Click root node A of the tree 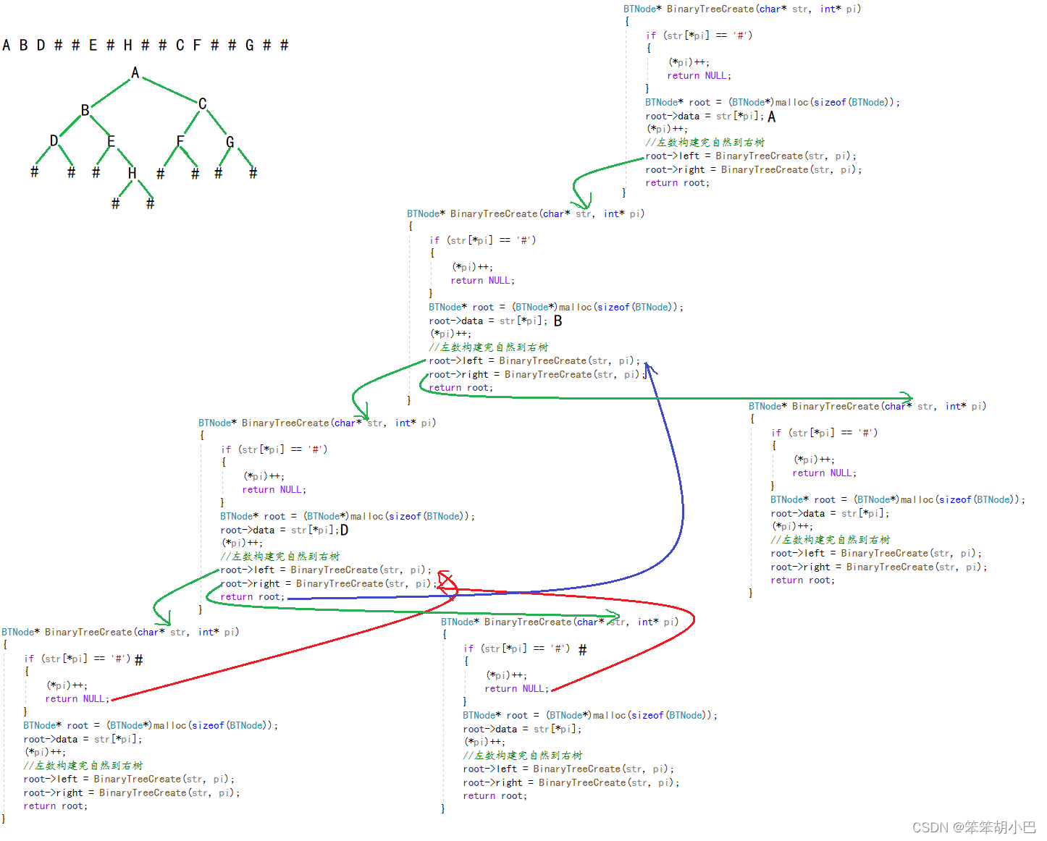[135, 72]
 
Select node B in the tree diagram [85, 110]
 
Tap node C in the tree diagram [203, 104]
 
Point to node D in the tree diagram [54, 140]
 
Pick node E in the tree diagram [111, 141]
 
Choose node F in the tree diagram [180, 141]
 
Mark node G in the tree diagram [230, 142]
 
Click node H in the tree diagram [132, 173]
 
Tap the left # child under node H [115, 204]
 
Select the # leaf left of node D [34, 172]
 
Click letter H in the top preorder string [127, 46]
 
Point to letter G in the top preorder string [249, 46]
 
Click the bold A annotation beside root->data [772, 117]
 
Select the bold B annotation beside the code [558, 321]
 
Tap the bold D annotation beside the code [345, 530]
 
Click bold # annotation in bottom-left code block [139, 659]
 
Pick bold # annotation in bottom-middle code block [583, 650]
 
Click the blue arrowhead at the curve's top [649, 369]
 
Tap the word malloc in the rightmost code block [917, 499]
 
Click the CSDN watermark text [973, 827]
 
